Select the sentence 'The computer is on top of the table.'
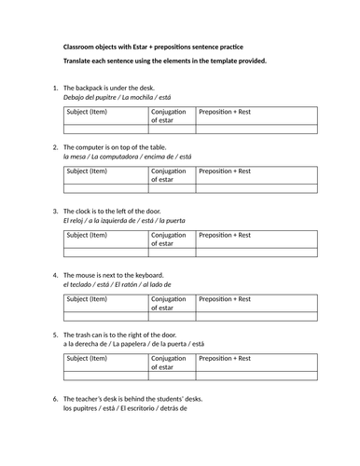(118, 148)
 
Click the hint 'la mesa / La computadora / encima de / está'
(127, 158)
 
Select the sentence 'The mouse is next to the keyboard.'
(114, 275)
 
